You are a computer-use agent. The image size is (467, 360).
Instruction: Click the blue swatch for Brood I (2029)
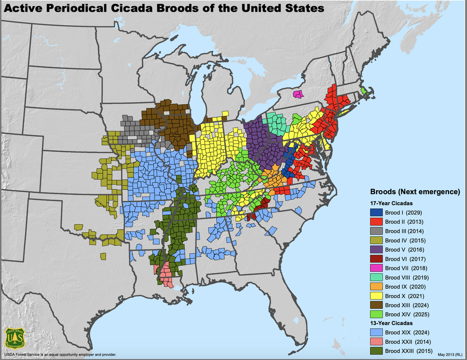pos(377,212)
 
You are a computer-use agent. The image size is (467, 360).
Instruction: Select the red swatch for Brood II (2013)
pos(377,221)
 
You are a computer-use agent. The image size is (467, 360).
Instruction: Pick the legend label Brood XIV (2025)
pos(406,314)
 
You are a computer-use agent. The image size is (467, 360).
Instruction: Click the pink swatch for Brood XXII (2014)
pos(377,342)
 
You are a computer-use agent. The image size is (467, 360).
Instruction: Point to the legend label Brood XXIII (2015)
pos(408,351)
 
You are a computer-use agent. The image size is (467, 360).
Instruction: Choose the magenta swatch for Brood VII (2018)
pos(377,267)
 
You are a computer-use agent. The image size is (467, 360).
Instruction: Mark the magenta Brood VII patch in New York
pos(298,94)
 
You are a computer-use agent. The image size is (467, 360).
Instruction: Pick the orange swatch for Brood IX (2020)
pos(377,286)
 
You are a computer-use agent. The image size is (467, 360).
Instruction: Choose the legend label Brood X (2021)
pos(404,296)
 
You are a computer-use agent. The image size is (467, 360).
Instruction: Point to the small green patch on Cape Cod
pos(364,91)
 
